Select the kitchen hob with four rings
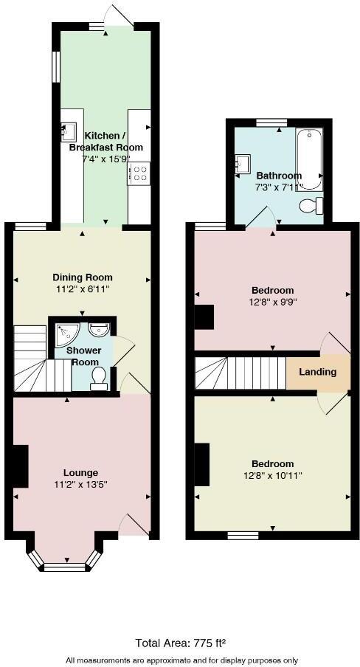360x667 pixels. pos(139,173)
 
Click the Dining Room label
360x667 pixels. pos(82,277)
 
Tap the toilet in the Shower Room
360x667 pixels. pos(99,378)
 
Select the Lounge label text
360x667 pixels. pos(81,472)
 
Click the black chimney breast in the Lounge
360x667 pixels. pos(20,466)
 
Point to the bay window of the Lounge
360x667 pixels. pos(64,564)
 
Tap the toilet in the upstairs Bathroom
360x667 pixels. pos(312,206)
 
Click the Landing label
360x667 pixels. pos(318,372)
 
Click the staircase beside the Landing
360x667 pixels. pos(240,373)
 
